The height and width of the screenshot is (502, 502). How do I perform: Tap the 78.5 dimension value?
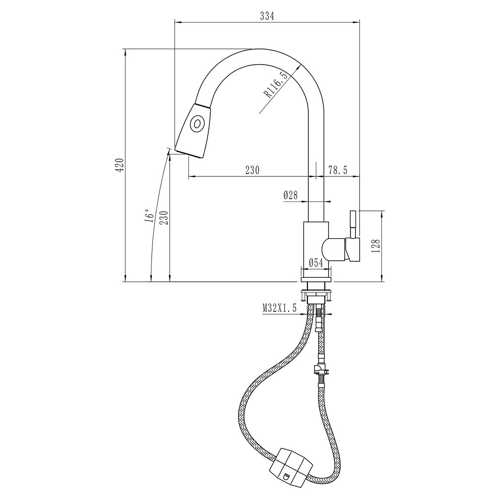pos(338,170)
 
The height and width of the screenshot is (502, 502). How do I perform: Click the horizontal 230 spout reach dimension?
pos(251,170)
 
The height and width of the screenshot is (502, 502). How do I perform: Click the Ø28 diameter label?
pos(291,195)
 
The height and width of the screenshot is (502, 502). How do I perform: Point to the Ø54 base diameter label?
pos(315,263)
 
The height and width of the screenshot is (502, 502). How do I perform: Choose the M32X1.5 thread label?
pos(280,308)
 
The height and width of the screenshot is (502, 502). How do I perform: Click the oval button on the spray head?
pos(197,124)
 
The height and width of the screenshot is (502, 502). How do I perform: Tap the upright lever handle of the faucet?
pos(352,223)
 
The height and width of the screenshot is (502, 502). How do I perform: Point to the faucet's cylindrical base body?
pos(316,245)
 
